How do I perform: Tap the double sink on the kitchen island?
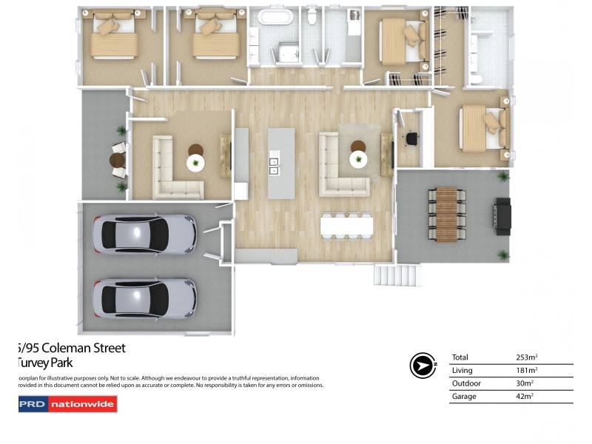point(273,165)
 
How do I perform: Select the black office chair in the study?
point(412,138)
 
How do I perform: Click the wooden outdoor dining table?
point(446,214)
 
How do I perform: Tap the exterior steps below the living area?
point(397,276)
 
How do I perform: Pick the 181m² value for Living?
point(526,371)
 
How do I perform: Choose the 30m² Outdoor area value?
point(525,384)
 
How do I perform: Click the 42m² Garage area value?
point(525,397)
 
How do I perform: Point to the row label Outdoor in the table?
point(465,384)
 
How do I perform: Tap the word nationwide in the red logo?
point(82,404)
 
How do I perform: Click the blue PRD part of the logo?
point(32,404)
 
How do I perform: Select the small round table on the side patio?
point(117,160)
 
